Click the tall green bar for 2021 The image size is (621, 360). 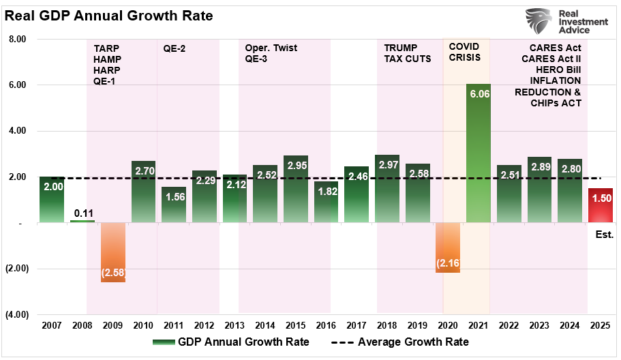478,153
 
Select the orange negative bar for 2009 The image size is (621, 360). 113,252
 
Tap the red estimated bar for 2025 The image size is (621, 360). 600,205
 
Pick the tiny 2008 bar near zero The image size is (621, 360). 82,221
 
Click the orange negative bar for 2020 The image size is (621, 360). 447,247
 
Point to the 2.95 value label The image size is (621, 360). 296,166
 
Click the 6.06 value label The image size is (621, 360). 478,95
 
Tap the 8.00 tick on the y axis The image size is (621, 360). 16,40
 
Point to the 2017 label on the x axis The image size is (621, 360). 357,325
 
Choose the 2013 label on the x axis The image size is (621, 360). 234,325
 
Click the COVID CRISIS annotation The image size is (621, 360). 464,52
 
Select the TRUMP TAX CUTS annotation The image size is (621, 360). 408,53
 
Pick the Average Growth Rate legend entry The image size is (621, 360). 404,342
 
